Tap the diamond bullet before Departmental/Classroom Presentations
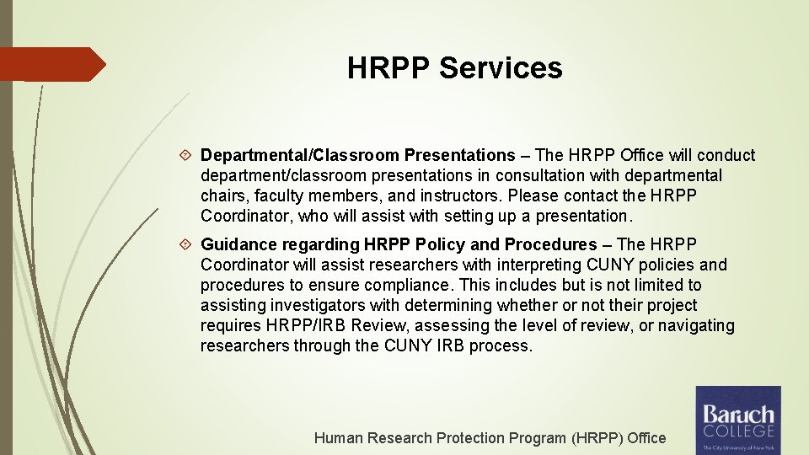tap(189, 156)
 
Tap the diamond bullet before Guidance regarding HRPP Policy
tap(189, 245)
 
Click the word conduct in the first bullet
tap(726, 155)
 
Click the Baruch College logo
tap(737, 420)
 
